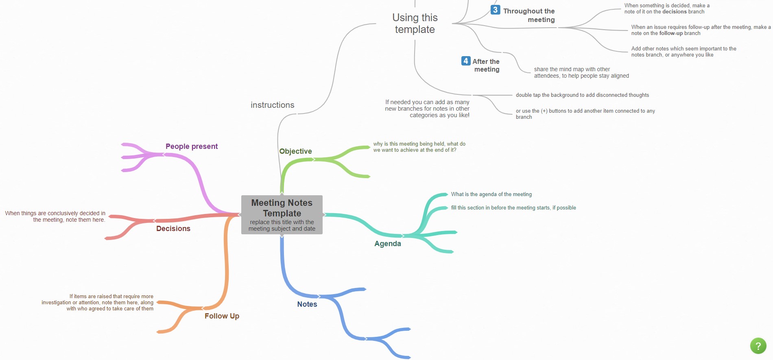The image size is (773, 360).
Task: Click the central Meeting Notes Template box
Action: [x=282, y=215]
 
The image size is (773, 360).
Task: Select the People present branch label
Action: [x=192, y=146]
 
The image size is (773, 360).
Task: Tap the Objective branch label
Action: [x=295, y=151]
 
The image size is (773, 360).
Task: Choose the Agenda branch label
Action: [x=388, y=244]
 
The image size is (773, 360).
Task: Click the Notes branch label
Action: [x=307, y=304]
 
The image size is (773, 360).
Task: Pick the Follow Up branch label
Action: [x=222, y=316]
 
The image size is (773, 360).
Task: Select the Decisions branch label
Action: [x=173, y=229]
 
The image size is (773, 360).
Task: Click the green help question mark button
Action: [x=758, y=346]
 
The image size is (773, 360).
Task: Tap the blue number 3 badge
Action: [x=495, y=10]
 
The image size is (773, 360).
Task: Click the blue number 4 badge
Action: [x=466, y=61]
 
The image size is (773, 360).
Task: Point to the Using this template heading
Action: [x=415, y=24]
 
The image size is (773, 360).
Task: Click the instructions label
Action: [x=273, y=105]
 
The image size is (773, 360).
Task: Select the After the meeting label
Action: [x=486, y=65]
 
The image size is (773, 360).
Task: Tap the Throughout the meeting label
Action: [x=529, y=15]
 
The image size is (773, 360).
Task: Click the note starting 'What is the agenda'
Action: [x=491, y=194]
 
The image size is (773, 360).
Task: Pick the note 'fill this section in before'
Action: [x=513, y=208]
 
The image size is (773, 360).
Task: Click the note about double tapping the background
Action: [x=583, y=95]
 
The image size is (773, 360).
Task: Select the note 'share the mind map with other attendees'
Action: [x=581, y=72]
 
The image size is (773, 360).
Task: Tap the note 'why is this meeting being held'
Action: [x=419, y=147]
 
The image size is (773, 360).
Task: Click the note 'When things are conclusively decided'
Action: [x=55, y=216]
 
